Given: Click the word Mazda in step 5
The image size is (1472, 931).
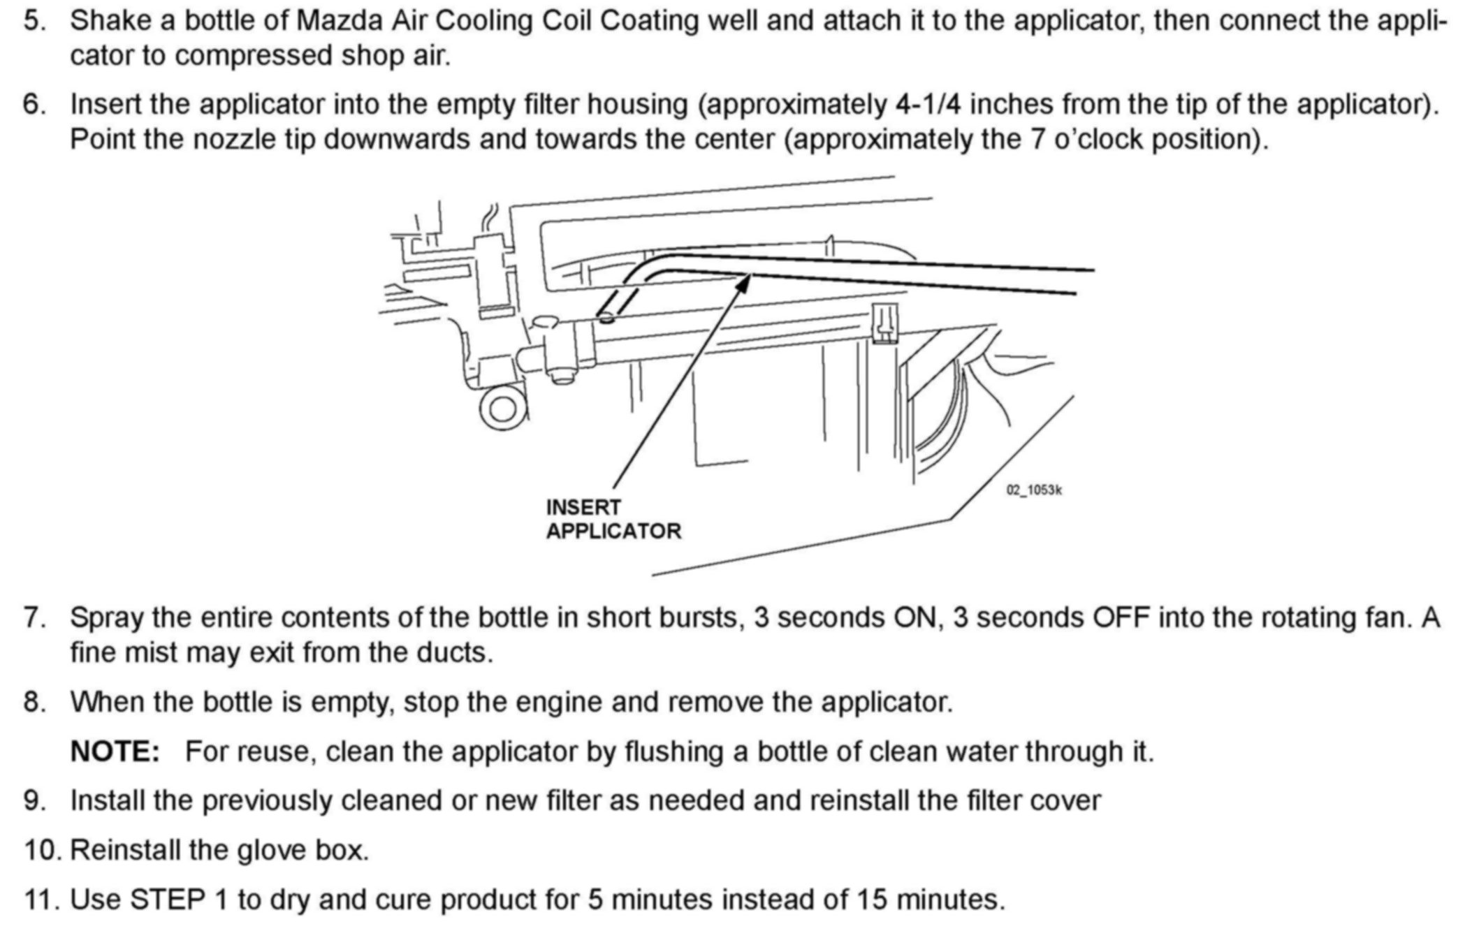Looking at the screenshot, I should (x=339, y=21).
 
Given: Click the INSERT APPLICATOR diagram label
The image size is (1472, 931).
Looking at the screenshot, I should (x=613, y=519).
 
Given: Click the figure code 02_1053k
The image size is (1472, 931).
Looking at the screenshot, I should (x=1034, y=490).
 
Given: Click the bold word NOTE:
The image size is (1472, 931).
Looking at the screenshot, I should (x=115, y=752).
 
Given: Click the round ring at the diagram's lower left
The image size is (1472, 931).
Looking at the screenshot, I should (x=502, y=408).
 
